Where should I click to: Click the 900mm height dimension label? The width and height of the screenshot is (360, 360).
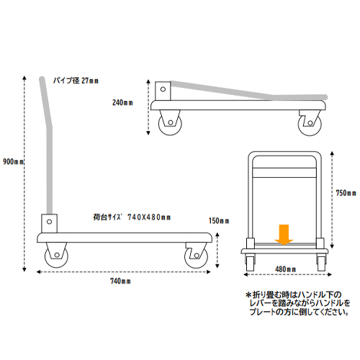[14, 162]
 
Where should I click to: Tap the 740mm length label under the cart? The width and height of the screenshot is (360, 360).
[120, 281]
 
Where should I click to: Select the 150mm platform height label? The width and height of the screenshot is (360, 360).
[219, 221]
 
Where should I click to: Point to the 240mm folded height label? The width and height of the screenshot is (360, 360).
[122, 103]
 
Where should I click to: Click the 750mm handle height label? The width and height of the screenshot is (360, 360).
[346, 193]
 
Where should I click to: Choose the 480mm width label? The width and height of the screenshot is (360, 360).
[285, 269]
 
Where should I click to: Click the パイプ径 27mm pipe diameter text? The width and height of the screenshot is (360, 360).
[76, 81]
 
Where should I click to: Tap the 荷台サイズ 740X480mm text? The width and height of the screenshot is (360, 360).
[132, 217]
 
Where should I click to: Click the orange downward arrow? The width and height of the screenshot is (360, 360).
[284, 235]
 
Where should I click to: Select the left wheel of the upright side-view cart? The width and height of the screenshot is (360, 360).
[57, 256]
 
